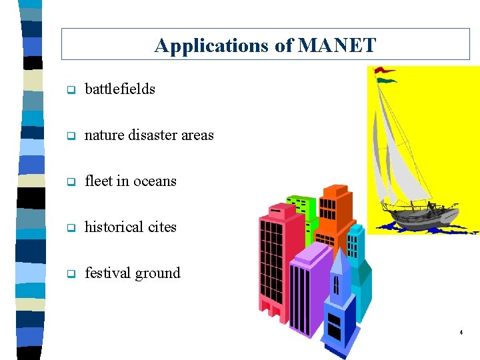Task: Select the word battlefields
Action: pyautogui.click(x=120, y=89)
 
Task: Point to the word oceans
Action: pyautogui.click(x=155, y=181)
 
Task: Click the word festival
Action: pyautogui.click(x=107, y=273)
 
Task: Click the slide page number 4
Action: pyautogui.click(x=461, y=332)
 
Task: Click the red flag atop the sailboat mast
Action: pyautogui.click(x=385, y=69)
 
